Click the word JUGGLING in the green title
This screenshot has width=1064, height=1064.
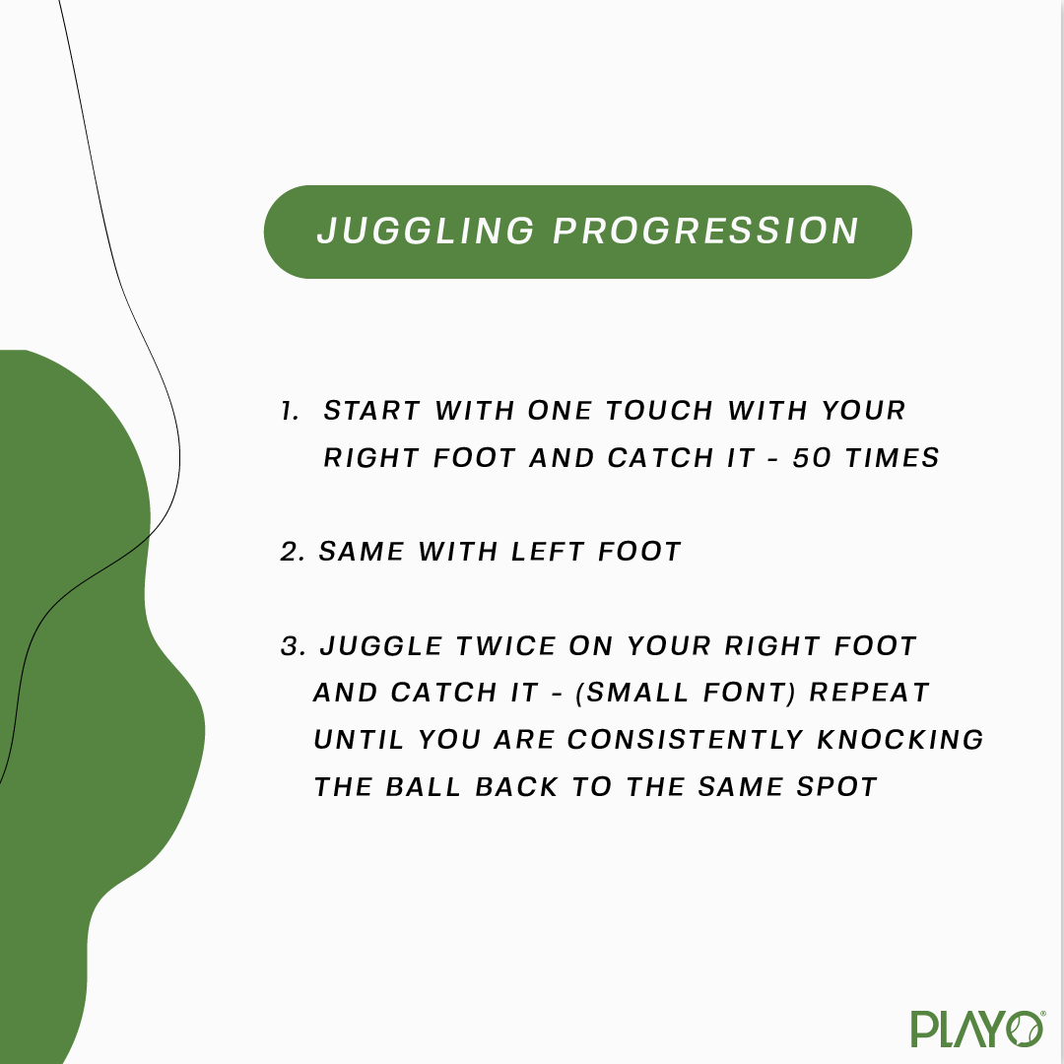click(x=427, y=231)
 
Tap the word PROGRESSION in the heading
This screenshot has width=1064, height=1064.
click(x=706, y=231)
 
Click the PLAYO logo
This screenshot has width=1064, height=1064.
click(x=977, y=1029)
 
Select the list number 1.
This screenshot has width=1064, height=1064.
click(x=290, y=411)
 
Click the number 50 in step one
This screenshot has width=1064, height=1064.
click(x=812, y=458)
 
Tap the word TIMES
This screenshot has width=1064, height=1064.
click(x=893, y=458)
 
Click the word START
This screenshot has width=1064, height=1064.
click(x=371, y=411)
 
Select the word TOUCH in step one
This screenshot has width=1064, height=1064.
click(x=659, y=411)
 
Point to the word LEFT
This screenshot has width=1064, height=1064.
click(x=548, y=552)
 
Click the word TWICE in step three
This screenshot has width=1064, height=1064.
click(x=504, y=646)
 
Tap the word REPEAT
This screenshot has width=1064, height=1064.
click(x=869, y=693)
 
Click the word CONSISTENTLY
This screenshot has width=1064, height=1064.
click(x=686, y=740)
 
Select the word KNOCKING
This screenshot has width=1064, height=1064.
click(x=900, y=740)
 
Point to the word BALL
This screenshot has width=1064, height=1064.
click(x=424, y=787)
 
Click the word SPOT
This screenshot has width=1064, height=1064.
click(x=837, y=787)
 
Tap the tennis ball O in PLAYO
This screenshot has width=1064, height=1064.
click(x=1026, y=1030)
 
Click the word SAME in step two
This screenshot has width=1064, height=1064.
click(x=361, y=552)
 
